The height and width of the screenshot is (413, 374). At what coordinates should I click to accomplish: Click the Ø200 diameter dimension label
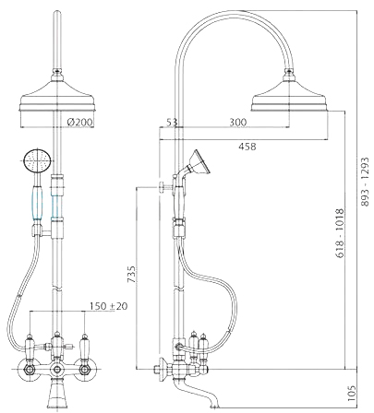click(79, 122)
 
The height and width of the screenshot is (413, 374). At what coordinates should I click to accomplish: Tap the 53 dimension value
click(172, 122)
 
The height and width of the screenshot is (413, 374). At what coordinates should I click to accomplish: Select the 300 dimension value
click(238, 122)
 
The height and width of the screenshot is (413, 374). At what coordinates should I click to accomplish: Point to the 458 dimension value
click(247, 147)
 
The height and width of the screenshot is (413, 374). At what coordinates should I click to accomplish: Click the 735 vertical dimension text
click(131, 274)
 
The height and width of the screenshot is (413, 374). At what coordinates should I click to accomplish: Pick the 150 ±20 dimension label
click(108, 306)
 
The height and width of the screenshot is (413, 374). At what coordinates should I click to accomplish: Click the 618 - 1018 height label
click(339, 233)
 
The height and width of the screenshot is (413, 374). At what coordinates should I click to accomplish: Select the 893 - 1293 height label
click(365, 182)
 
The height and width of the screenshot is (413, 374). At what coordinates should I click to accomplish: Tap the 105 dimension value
click(352, 394)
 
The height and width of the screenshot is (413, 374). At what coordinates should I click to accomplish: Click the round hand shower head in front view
click(37, 160)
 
